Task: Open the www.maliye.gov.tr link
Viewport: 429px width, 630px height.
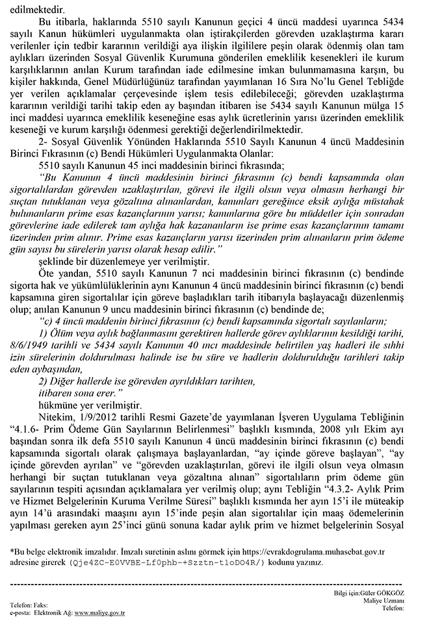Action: [x=99, y=612]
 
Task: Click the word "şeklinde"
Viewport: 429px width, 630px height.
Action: [x=57, y=261]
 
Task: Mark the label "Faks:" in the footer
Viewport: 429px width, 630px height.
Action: [x=46, y=605]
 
